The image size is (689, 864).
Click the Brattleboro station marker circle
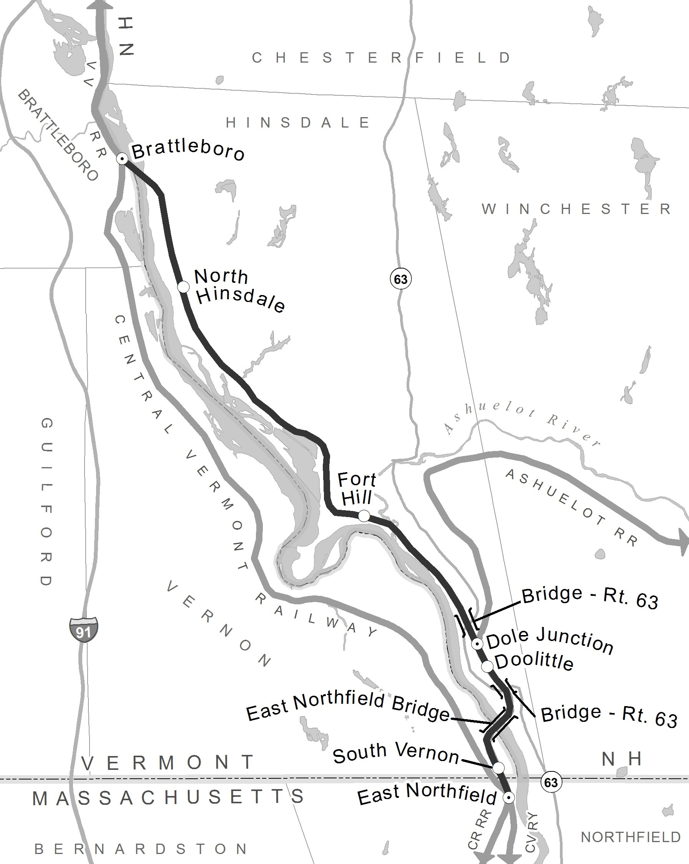click(x=122, y=159)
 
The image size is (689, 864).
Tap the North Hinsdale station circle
click(x=183, y=287)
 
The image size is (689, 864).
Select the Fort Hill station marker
click(x=364, y=516)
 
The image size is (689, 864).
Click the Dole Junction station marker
click(x=477, y=644)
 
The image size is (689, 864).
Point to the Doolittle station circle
click(x=487, y=667)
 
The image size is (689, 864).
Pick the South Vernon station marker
click(x=498, y=768)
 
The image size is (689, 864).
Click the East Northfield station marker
click(x=509, y=798)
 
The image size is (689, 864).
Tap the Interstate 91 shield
click(x=83, y=630)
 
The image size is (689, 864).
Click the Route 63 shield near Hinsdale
click(x=401, y=279)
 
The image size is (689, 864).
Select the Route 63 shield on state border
click(x=551, y=782)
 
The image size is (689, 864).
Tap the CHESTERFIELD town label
click(x=382, y=58)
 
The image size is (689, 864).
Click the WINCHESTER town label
click(x=577, y=209)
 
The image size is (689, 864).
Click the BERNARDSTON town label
click(x=141, y=849)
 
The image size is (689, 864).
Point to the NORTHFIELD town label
click(x=631, y=837)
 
